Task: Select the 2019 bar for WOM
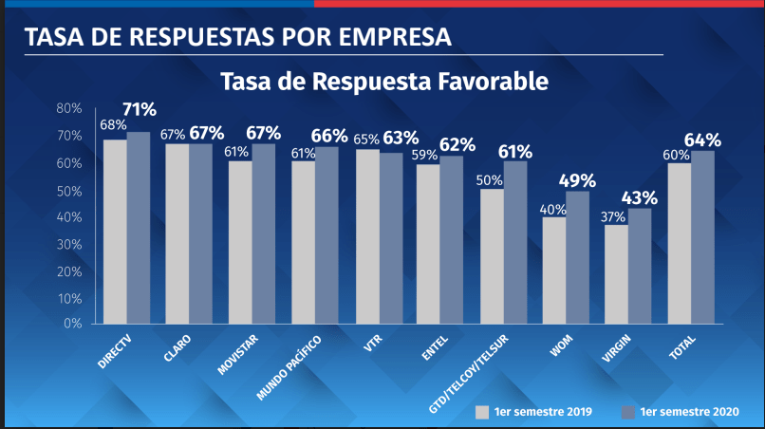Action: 553,270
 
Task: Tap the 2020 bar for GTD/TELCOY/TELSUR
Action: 515,242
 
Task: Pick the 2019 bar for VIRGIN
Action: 616,274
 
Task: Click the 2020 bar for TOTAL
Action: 702,237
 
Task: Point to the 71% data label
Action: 139,109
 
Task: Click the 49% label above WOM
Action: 576,180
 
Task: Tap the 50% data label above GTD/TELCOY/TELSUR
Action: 490,179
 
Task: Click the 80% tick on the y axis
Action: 69,108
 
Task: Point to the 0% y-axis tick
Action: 73,324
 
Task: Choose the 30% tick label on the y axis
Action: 69,243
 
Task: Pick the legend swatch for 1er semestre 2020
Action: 626,412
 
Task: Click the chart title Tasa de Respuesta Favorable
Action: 383,82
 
